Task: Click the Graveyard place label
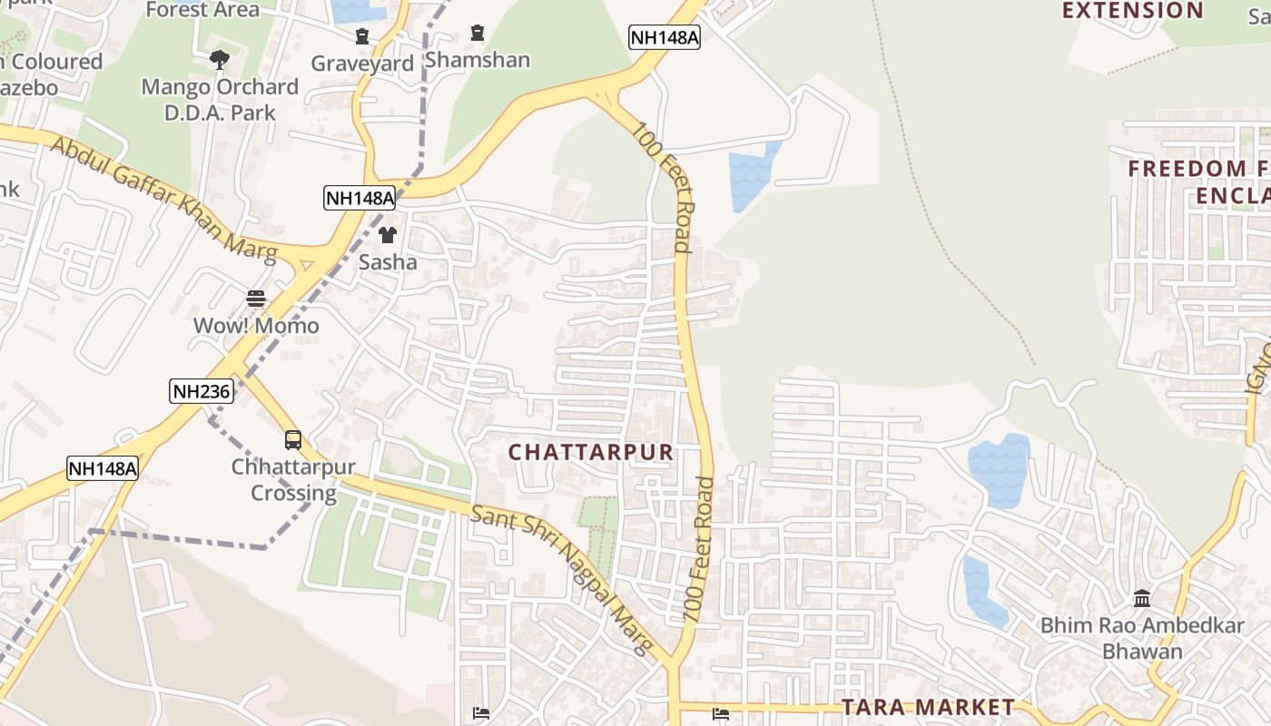point(362,64)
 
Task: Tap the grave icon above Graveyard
point(362,36)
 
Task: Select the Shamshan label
point(478,60)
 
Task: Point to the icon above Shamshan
point(478,34)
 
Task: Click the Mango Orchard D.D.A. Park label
point(220,100)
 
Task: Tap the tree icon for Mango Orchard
point(219,60)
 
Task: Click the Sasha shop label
point(388,262)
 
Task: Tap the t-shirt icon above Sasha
point(388,235)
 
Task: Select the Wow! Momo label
point(256,326)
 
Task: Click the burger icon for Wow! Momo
point(256,299)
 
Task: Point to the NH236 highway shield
point(202,392)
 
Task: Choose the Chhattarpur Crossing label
point(293,481)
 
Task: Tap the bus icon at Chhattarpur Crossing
point(293,440)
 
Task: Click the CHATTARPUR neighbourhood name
point(591,452)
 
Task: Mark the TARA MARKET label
point(928,707)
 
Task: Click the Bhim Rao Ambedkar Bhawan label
point(1142,638)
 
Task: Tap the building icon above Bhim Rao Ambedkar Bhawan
point(1142,599)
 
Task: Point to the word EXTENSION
point(1132,11)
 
